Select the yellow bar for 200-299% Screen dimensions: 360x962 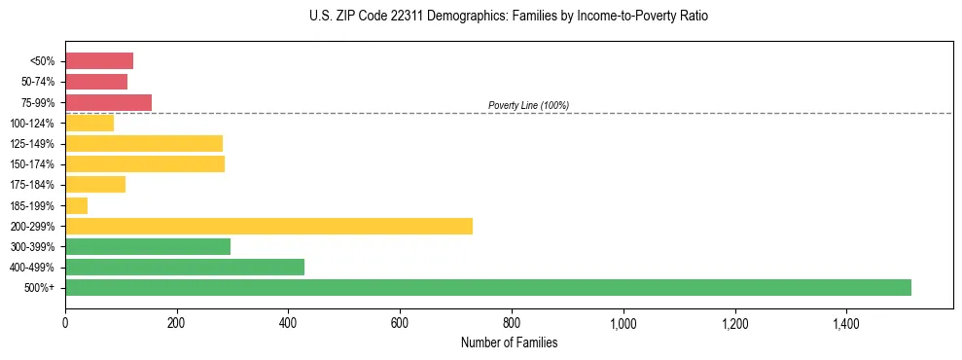(268, 226)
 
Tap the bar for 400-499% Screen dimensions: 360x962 (185, 267)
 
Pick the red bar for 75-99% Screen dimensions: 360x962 (108, 102)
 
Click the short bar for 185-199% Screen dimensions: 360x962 (76, 205)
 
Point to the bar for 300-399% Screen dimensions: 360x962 (148, 246)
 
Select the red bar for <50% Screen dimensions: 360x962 (99, 61)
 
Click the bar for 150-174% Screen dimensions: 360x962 (145, 163)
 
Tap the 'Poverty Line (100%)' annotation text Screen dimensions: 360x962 (528, 105)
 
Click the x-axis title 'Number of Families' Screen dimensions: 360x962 (509, 342)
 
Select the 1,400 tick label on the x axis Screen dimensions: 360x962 (845, 324)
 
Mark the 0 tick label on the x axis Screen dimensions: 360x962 (65, 324)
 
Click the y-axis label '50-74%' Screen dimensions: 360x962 (39, 82)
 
